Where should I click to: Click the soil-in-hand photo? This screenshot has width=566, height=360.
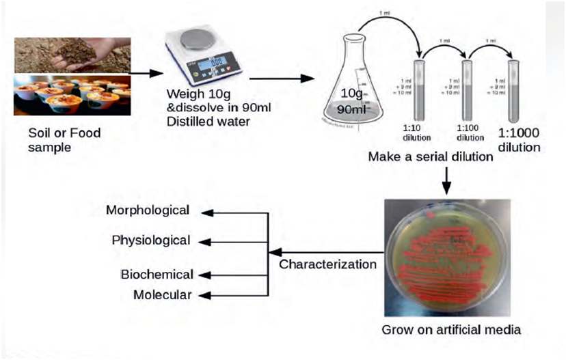pos(72,55)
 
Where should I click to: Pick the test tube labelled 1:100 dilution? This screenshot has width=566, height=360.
pos(468,89)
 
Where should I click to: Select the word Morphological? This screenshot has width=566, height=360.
pos(147,210)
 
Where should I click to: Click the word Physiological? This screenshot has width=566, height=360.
pos(150,240)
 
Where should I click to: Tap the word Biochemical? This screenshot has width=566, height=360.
pos(157,275)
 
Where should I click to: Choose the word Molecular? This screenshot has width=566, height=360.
pos(162,294)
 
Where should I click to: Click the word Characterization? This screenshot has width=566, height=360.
pos(328,264)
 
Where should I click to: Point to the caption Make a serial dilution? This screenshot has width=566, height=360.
pos(430,156)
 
